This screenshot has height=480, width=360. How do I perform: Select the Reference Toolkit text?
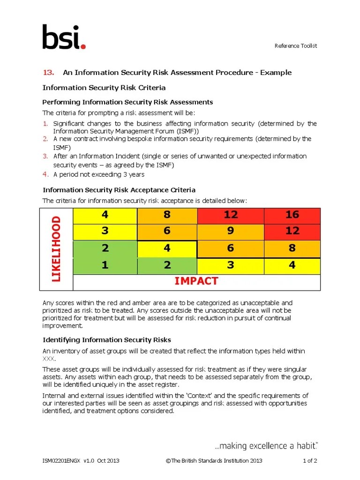pyautogui.click(x=296, y=45)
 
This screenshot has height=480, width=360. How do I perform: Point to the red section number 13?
pyautogui.click(x=49, y=72)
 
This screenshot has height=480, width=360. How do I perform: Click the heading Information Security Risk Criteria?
pyautogui.click(x=104, y=88)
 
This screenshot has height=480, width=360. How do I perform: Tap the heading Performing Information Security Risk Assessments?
pyautogui.click(x=127, y=102)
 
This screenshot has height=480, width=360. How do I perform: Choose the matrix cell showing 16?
pyautogui.click(x=292, y=215)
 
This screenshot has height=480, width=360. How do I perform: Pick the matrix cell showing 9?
pyautogui.click(x=231, y=231)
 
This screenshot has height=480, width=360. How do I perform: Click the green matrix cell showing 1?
pyautogui.click(x=105, y=265)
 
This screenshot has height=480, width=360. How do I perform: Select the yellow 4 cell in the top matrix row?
pyautogui.click(x=105, y=215)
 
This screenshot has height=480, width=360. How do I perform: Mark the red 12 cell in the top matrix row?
pyautogui.click(x=231, y=215)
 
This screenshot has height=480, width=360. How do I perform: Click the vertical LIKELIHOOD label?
pyautogui.click(x=56, y=249)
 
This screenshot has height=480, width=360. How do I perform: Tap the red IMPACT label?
pyautogui.click(x=196, y=281)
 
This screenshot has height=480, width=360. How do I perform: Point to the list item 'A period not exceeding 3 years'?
pyautogui.click(x=99, y=174)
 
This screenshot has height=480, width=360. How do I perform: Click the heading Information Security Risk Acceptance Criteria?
pyautogui.click(x=119, y=190)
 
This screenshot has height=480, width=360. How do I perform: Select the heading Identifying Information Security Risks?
pyautogui.click(x=107, y=340)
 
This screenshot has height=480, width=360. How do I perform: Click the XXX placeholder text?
pyautogui.click(x=49, y=359)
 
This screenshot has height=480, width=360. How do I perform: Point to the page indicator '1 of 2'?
pyautogui.click(x=310, y=461)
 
